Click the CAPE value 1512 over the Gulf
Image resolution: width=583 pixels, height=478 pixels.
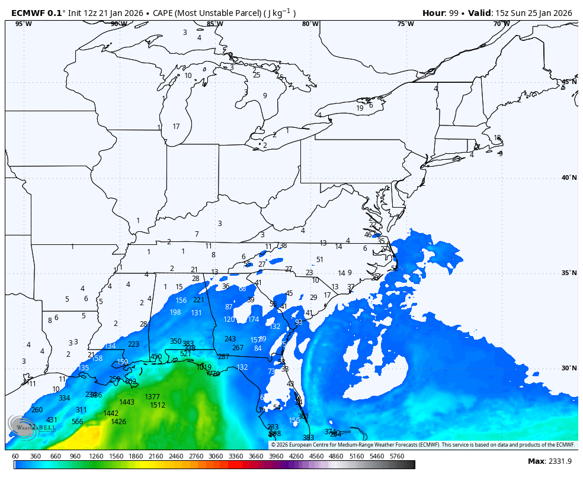click(x=158, y=405)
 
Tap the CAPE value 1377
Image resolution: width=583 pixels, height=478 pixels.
click(x=152, y=397)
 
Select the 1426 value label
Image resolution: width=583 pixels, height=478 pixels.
click(x=118, y=422)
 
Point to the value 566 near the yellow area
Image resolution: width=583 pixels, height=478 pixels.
click(x=78, y=422)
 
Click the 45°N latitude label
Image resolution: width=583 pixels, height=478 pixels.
click(x=569, y=82)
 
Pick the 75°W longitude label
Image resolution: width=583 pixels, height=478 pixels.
click(x=405, y=24)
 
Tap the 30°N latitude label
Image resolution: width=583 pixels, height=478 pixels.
click(x=569, y=368)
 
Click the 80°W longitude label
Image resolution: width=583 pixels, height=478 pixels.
click(x=310, y=24)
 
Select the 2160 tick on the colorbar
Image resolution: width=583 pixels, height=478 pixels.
click(x=155, y=457)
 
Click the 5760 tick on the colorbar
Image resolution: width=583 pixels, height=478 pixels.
click(x=396, y=457)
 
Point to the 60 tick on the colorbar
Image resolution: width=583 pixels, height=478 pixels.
click(x=15, y=457)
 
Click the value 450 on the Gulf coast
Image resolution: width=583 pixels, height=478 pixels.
click(x=156, y=357)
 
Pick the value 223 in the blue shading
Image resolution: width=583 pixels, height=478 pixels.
click(x=134, y=344)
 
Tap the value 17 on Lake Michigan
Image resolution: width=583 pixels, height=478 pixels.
click(x=176, y=127)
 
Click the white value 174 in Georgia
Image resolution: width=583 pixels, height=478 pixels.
click(x=254, y=319)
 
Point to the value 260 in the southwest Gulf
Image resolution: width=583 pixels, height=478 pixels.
click(x=37, y=410)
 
